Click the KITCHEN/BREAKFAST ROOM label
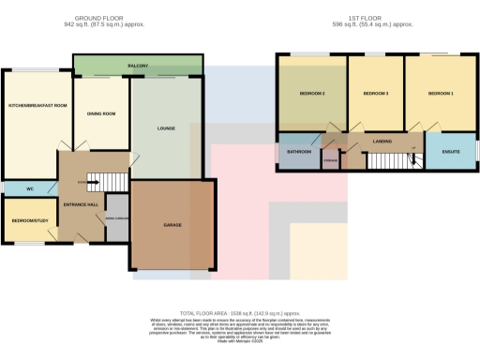(x=37, y=105)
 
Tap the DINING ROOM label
(x=101, y=113)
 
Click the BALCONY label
(x=139, y=66)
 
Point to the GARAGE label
(x=172, y=225)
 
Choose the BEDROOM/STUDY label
(x=30, y=220)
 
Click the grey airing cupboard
(x=117, y=216)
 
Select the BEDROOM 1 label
(x=441, y=94)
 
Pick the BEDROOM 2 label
(x=311, y=94)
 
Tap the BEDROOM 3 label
(x=375, y=94)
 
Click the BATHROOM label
(x=299, y=151)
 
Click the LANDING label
(x=382, y=142)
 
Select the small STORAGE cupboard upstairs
(x=330, y=160)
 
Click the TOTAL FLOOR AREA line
(x=239, y=311)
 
